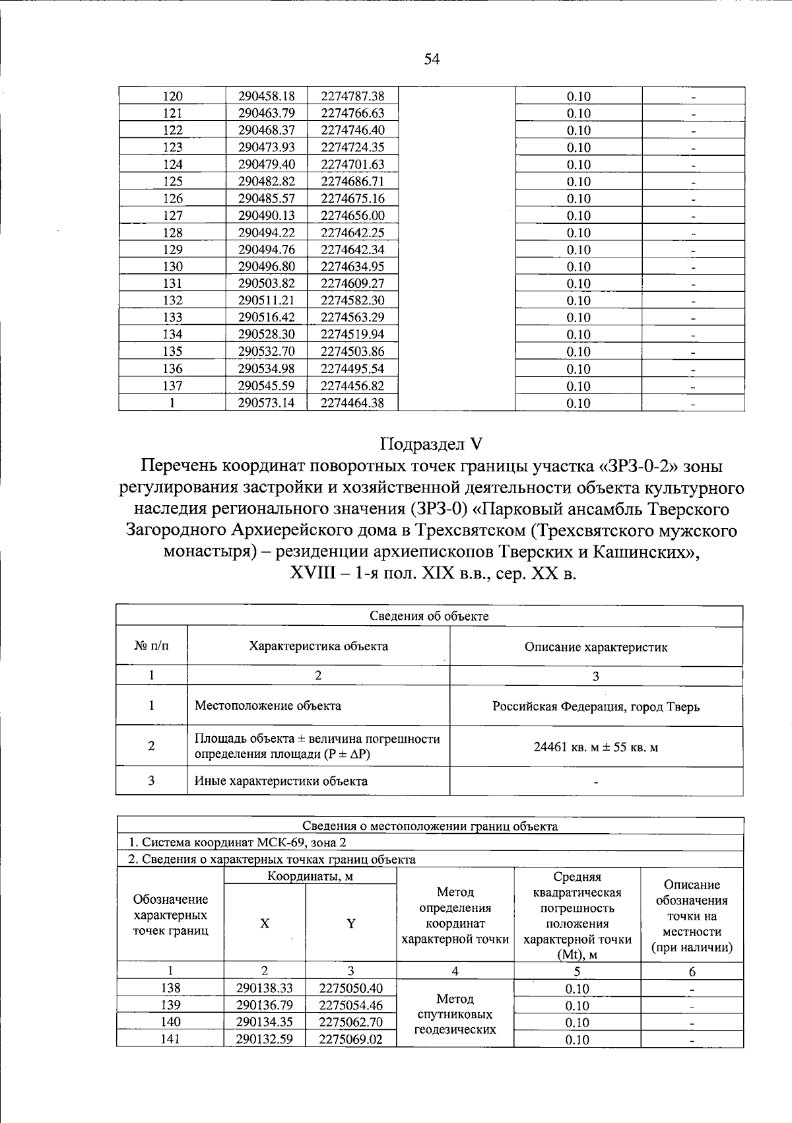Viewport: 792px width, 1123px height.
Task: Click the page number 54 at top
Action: tap(432, 60)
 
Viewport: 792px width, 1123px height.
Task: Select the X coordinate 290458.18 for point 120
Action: tap(266, 96)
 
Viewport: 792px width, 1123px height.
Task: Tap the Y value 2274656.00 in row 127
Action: tap(352, 215)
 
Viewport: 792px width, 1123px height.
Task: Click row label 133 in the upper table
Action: tap(172, 318)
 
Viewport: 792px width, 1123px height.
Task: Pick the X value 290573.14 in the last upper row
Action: tap(266, 403)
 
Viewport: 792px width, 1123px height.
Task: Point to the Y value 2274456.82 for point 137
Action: tap(352, 386)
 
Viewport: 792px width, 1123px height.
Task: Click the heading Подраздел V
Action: tap(431, 444)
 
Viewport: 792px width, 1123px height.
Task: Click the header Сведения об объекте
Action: tap(429, 616)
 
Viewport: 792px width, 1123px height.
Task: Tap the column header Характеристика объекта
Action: tap(318, 646)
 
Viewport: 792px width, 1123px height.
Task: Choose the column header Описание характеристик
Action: tap(596, 647)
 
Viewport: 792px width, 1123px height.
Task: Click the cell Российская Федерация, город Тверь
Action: tap(596, 706)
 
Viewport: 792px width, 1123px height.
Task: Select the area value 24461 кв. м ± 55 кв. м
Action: tap(596, 747)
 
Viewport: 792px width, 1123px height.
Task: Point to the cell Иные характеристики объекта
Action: tap(281, 781)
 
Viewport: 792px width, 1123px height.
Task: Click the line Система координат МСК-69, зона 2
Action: tap(238, 842)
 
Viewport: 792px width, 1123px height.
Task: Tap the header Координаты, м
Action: tap(310, 876)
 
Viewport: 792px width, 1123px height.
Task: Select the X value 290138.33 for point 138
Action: tap(264, 988)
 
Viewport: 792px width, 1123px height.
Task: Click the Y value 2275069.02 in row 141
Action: tap(350, 1039)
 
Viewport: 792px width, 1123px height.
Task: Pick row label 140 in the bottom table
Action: tap(170, 1022)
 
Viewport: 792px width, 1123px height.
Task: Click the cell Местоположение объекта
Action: tap(268, 706)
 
